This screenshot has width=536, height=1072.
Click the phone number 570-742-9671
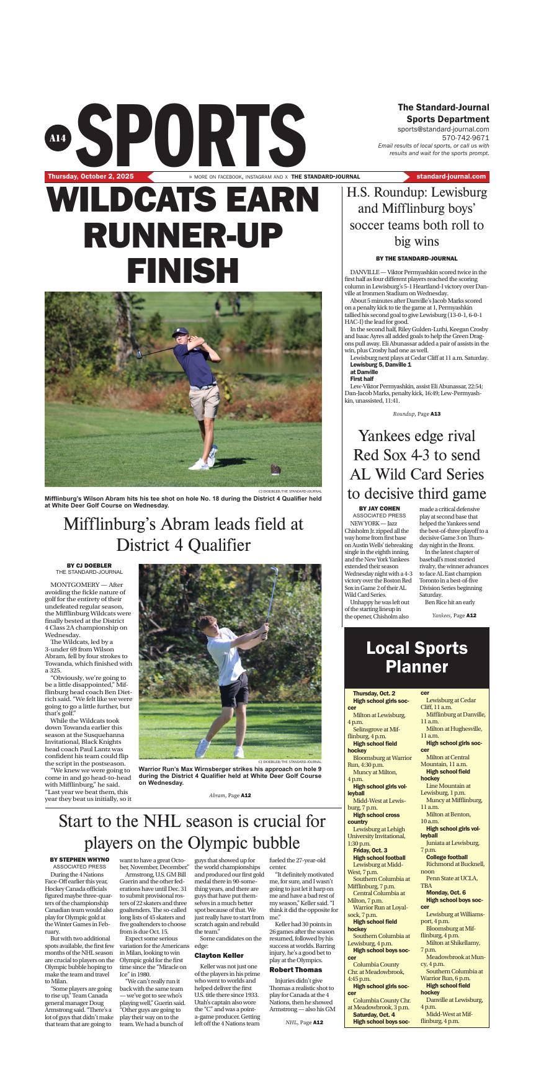[x=465, y=138]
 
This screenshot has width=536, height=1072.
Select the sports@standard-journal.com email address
[x=443, y=129]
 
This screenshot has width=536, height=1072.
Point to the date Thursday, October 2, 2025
[x=91, y=177]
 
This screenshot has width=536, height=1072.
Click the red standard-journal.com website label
[x=451, y=177]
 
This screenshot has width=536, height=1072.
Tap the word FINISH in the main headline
[x=183, y=270]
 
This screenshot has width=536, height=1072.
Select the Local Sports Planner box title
[x=416, y=658]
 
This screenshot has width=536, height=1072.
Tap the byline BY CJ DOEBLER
[x=89, y=565]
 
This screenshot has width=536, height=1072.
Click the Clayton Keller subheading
[x=219, y=956]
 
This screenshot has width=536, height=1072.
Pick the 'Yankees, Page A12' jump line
[x=453, y=615]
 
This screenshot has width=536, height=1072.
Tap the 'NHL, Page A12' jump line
[x=304, y=1022]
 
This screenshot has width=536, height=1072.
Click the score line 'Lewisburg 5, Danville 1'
[x=380, y=365]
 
